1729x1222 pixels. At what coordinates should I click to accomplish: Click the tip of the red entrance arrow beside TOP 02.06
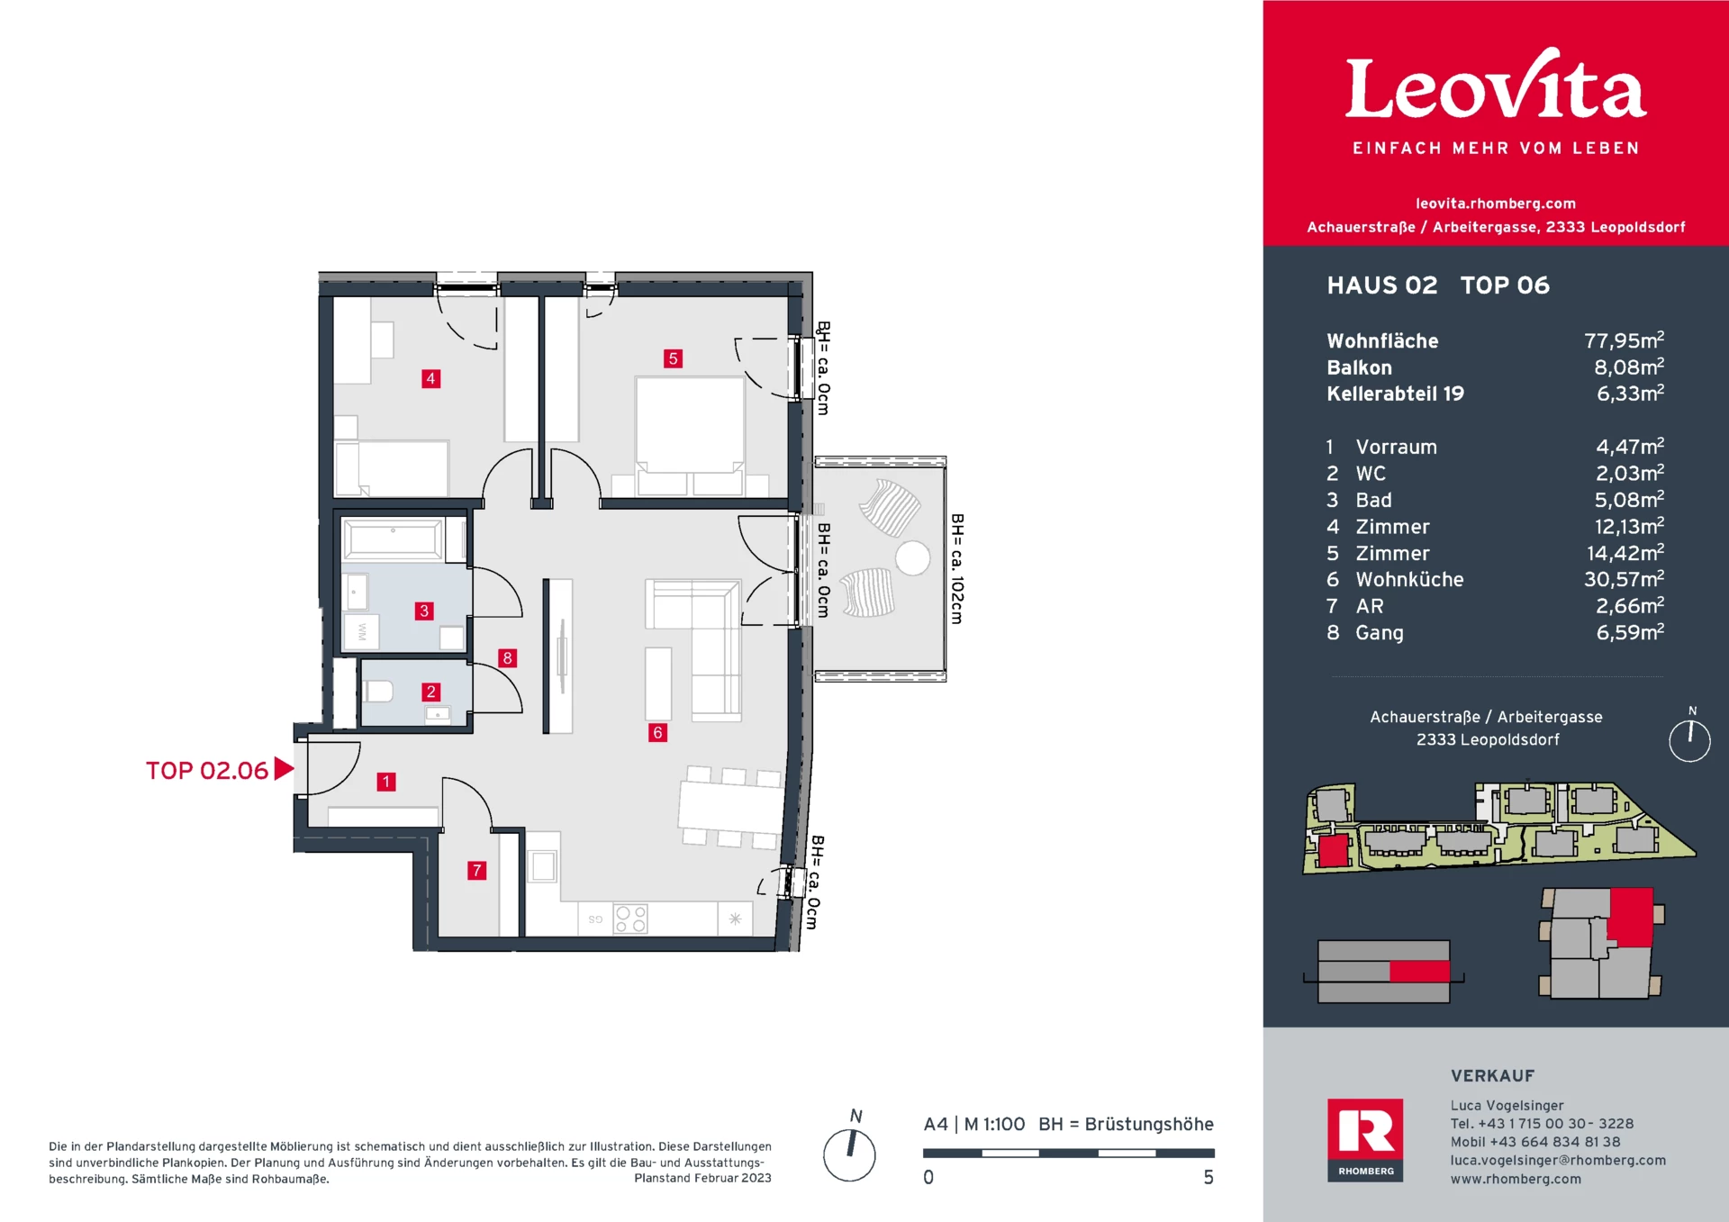tap(294, 768)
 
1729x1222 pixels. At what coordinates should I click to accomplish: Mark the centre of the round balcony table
tap(912, 558)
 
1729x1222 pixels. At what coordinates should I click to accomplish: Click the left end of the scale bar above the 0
tap(924, 1153)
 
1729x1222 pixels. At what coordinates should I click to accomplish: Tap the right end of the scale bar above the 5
tap(1214, 1153)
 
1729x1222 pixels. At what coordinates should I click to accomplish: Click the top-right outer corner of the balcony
tap(946, 457)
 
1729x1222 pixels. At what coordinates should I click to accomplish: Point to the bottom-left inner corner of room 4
tap(335, 496)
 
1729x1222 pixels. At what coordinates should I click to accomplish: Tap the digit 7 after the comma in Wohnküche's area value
tap(1633, 580)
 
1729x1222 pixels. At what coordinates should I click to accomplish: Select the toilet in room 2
tap(378, 692)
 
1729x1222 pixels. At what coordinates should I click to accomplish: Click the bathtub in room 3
tap(393, 539)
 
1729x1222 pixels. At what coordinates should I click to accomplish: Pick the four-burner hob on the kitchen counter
tap(630, 919)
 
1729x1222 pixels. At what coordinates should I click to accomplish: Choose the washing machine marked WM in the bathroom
tap(361, 632)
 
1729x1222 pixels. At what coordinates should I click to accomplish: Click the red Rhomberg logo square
tap(1365, 1140)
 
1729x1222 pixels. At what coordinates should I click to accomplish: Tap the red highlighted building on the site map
tap(1333, 850)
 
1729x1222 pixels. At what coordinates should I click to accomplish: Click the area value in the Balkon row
tap(1629, 367)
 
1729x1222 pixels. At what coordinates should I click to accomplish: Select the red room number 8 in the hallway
tap(508, 658)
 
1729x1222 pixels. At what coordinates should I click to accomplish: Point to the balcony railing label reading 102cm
tap(957, 569)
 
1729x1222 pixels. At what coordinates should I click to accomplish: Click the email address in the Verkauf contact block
tap(1558, 1160)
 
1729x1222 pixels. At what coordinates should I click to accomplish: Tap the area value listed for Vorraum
tap(1630, 446)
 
